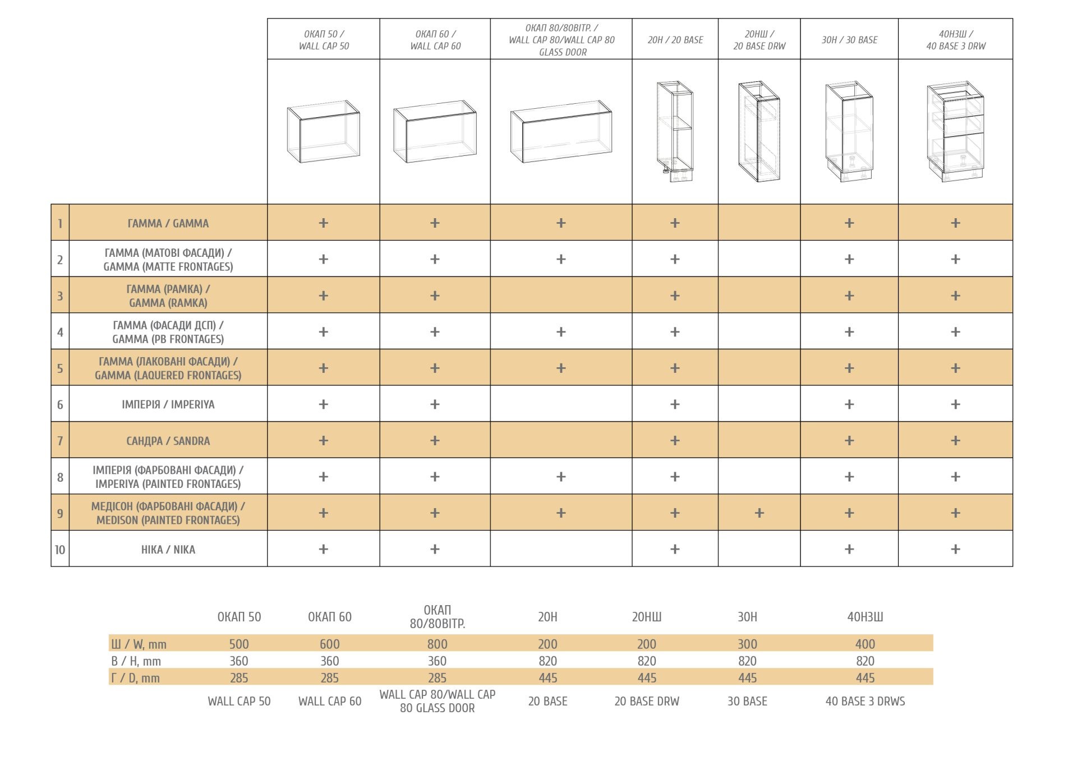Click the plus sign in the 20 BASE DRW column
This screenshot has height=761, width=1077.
(x=759, y=513)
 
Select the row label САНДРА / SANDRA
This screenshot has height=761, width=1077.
(x=168, y=441)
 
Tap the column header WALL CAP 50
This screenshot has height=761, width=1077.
(x=324, y=40)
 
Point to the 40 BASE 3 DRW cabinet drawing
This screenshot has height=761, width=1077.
(x=955, y=132)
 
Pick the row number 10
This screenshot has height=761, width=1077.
(x=60, y=550)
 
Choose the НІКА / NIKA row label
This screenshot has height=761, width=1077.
(x=168, y=550)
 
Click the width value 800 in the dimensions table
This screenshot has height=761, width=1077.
(x=437, y=644)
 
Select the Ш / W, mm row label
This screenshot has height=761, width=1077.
(x=139, y=644)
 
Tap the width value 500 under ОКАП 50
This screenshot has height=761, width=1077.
(x=239, y=644)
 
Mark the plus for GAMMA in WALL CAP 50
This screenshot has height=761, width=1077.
(x=323, y=223)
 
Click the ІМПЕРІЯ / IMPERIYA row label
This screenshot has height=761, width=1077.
(x=168, y=404)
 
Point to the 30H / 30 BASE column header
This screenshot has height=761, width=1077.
(x=849, y=40)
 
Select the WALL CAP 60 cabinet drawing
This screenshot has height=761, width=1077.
(x=435, y=132)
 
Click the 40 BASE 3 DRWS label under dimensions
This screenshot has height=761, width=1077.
(x=865, y=701)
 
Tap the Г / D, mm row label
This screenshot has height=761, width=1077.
(x=135, y=678)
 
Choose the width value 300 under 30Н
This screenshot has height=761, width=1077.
(x=747, y=644)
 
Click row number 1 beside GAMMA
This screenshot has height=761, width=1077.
(x=60, y=223)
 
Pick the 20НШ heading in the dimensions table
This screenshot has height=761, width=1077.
(x=646, y=617)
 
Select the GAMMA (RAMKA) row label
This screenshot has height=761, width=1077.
(x=168, y=296)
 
